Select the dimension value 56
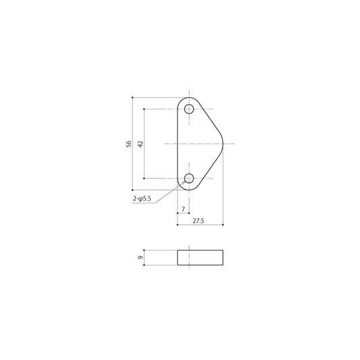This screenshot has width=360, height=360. coord(129,144)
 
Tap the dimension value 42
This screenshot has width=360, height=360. coord(140,144)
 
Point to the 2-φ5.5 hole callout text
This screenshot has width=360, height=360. coord(142,199)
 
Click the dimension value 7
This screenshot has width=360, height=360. coord(183,209)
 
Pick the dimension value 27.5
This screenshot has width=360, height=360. coord(199,221)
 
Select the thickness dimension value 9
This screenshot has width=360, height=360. coord(140,257)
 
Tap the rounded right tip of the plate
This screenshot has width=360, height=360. coord(222,144)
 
